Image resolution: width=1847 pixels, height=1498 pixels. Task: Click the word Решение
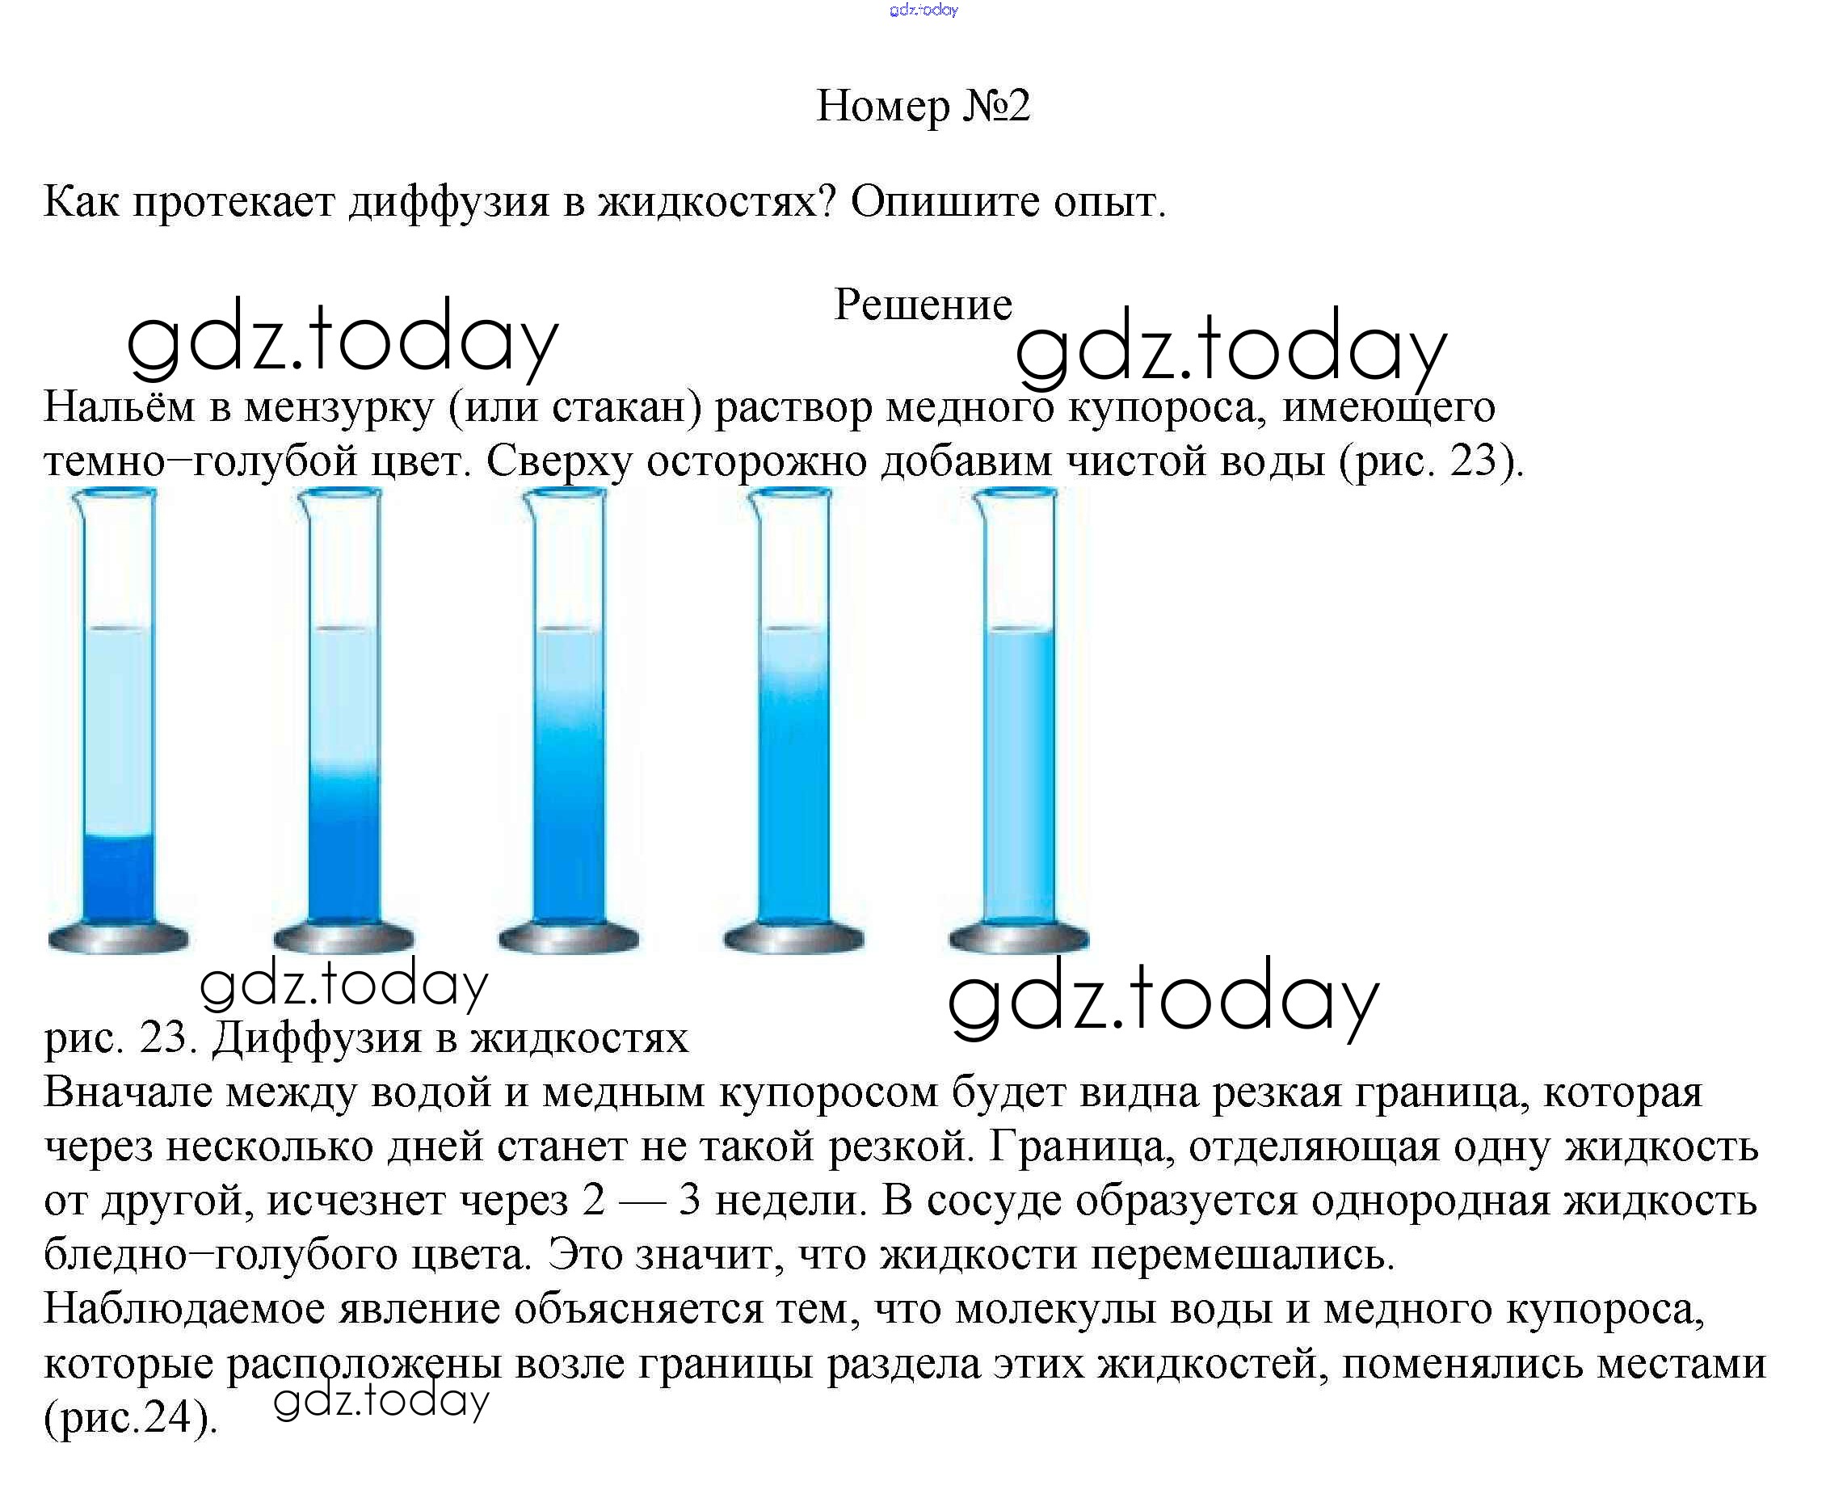coord(922,305)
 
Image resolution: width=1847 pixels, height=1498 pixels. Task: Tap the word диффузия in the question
coord(448,203)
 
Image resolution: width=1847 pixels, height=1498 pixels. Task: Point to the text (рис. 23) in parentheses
coord(1430,461)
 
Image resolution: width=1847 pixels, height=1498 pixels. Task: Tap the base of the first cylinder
coord(118,938)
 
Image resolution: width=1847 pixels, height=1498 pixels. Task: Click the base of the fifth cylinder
coord(1019,938)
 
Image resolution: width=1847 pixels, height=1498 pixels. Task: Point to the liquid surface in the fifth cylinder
coord(1020,630)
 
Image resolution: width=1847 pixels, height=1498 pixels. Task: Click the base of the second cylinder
coord(343,938)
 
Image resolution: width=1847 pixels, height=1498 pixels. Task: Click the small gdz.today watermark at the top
coord(923,11)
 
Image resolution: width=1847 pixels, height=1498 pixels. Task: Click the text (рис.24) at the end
coord(130,1418)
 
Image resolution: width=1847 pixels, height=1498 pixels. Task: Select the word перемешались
coord(1243,1256)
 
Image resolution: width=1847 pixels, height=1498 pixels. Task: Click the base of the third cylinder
coord(569,938)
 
